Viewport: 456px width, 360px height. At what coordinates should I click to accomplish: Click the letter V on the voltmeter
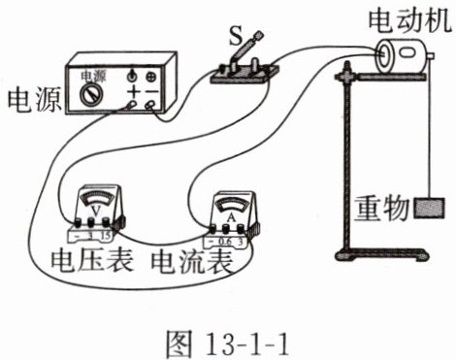[x=96, y=211]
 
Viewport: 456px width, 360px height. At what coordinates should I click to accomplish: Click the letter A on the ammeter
[x=231, y=217]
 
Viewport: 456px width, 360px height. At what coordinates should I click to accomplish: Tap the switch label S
[x=236, y=36]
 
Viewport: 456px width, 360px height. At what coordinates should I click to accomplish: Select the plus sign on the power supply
[x=133, y=92]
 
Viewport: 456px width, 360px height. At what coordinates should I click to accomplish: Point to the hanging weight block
[x=430, y=208]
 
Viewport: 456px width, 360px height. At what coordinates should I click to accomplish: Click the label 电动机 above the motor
[x=409, y=20]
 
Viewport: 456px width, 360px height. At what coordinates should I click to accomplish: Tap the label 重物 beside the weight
[x=381, y=208]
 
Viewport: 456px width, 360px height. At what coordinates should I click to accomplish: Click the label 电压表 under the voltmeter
[x=92, y=260]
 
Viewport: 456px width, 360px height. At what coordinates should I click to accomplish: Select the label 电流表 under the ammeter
[x=192, y=261]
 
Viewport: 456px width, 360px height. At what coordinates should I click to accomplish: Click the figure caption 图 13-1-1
[x=226, y=343]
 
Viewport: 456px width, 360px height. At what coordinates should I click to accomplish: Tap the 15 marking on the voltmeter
[x=106, y=236]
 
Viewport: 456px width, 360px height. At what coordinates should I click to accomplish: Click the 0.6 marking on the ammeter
[x=225, y=242]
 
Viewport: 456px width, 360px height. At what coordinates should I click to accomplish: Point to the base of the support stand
[x=381, y=254]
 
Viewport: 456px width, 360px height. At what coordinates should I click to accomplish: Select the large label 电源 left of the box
[x=34, y=100]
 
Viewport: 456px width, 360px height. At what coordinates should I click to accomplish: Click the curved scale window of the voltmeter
[x=96, y=198]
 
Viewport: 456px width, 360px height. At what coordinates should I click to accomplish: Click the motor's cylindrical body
[x=401, y=55]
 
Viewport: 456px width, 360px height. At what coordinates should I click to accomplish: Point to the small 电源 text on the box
[x=93, y=77]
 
